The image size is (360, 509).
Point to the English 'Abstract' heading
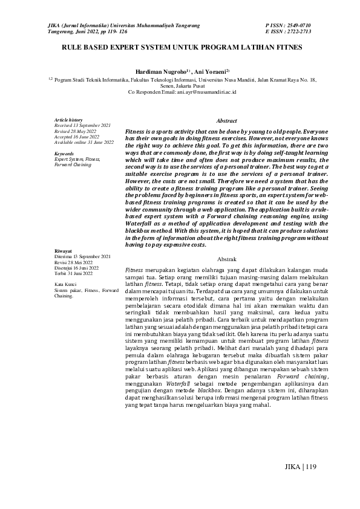coord(226,121)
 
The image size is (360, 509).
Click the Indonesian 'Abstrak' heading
coord(226,258)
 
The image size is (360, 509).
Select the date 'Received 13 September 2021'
coord(82,125)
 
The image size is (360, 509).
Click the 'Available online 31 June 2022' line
coord(84,142)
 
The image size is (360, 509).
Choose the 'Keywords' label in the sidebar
coord(64,154)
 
